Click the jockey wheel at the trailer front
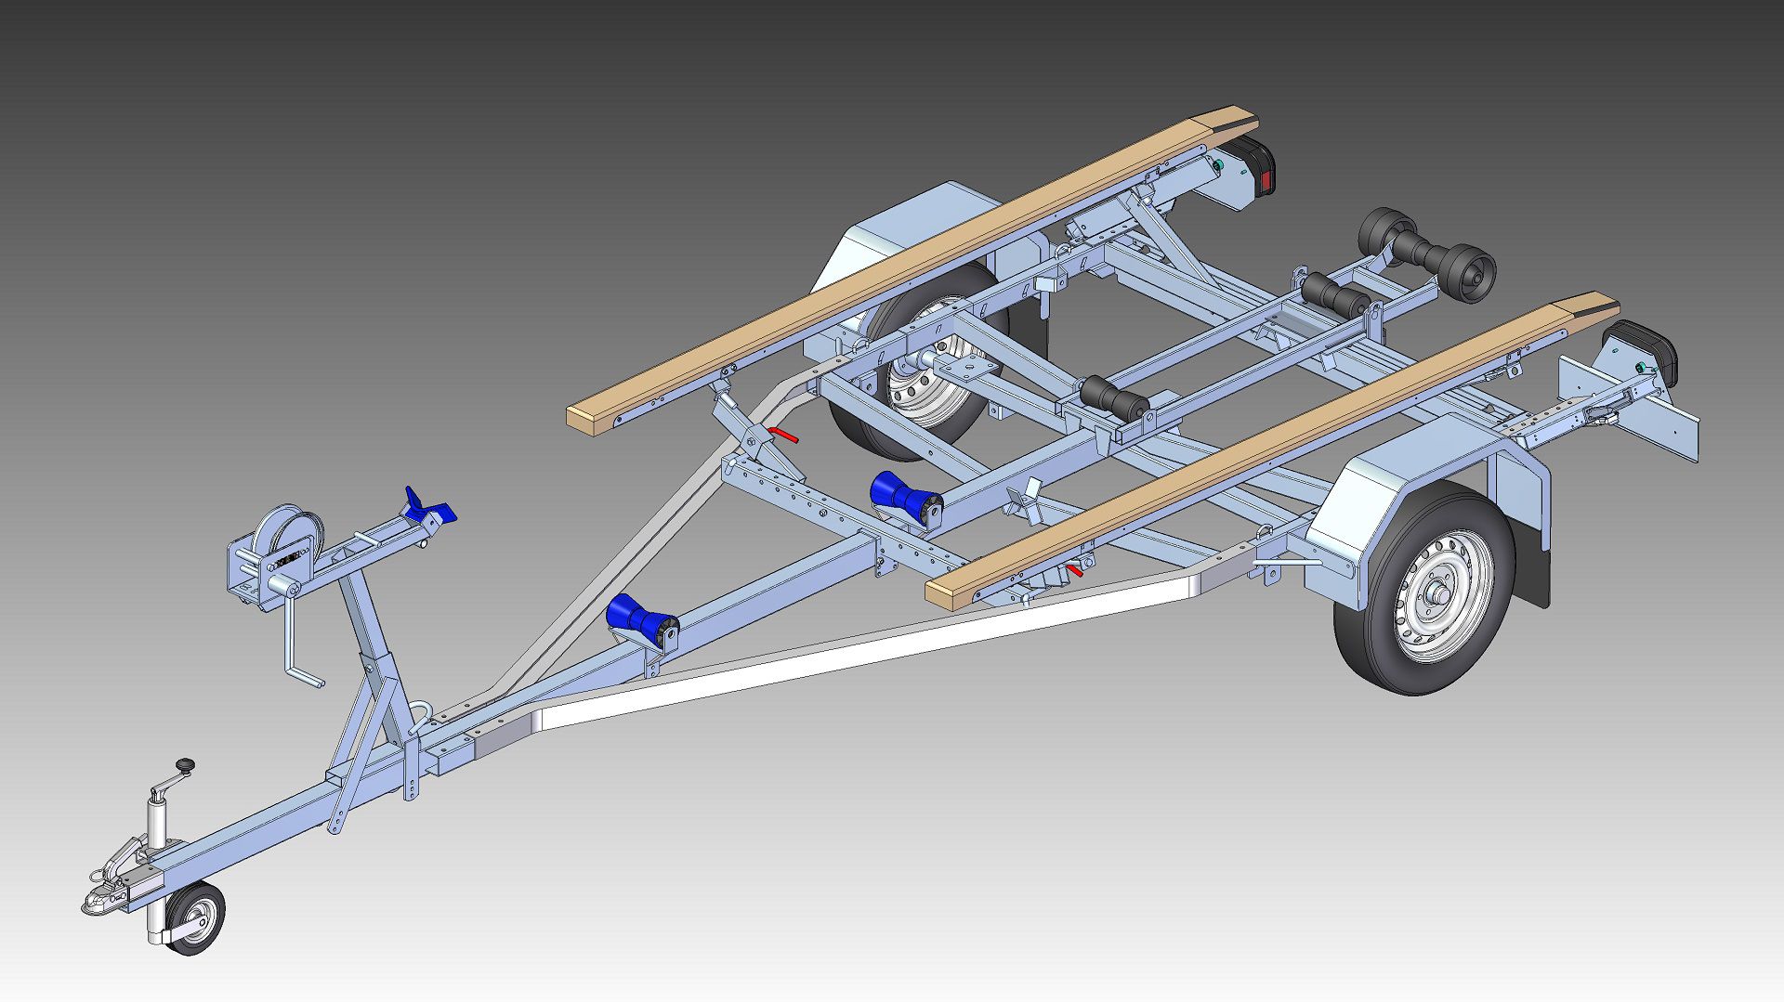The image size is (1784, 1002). pyautogui.click(x=195, y=918)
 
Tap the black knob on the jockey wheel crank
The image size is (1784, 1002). pyautogui.click(x=187, y=764)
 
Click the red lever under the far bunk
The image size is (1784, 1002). pyautogui.click(x=783, y=434)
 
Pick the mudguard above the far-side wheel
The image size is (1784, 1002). pyautogui.click(x=915, y=237)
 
